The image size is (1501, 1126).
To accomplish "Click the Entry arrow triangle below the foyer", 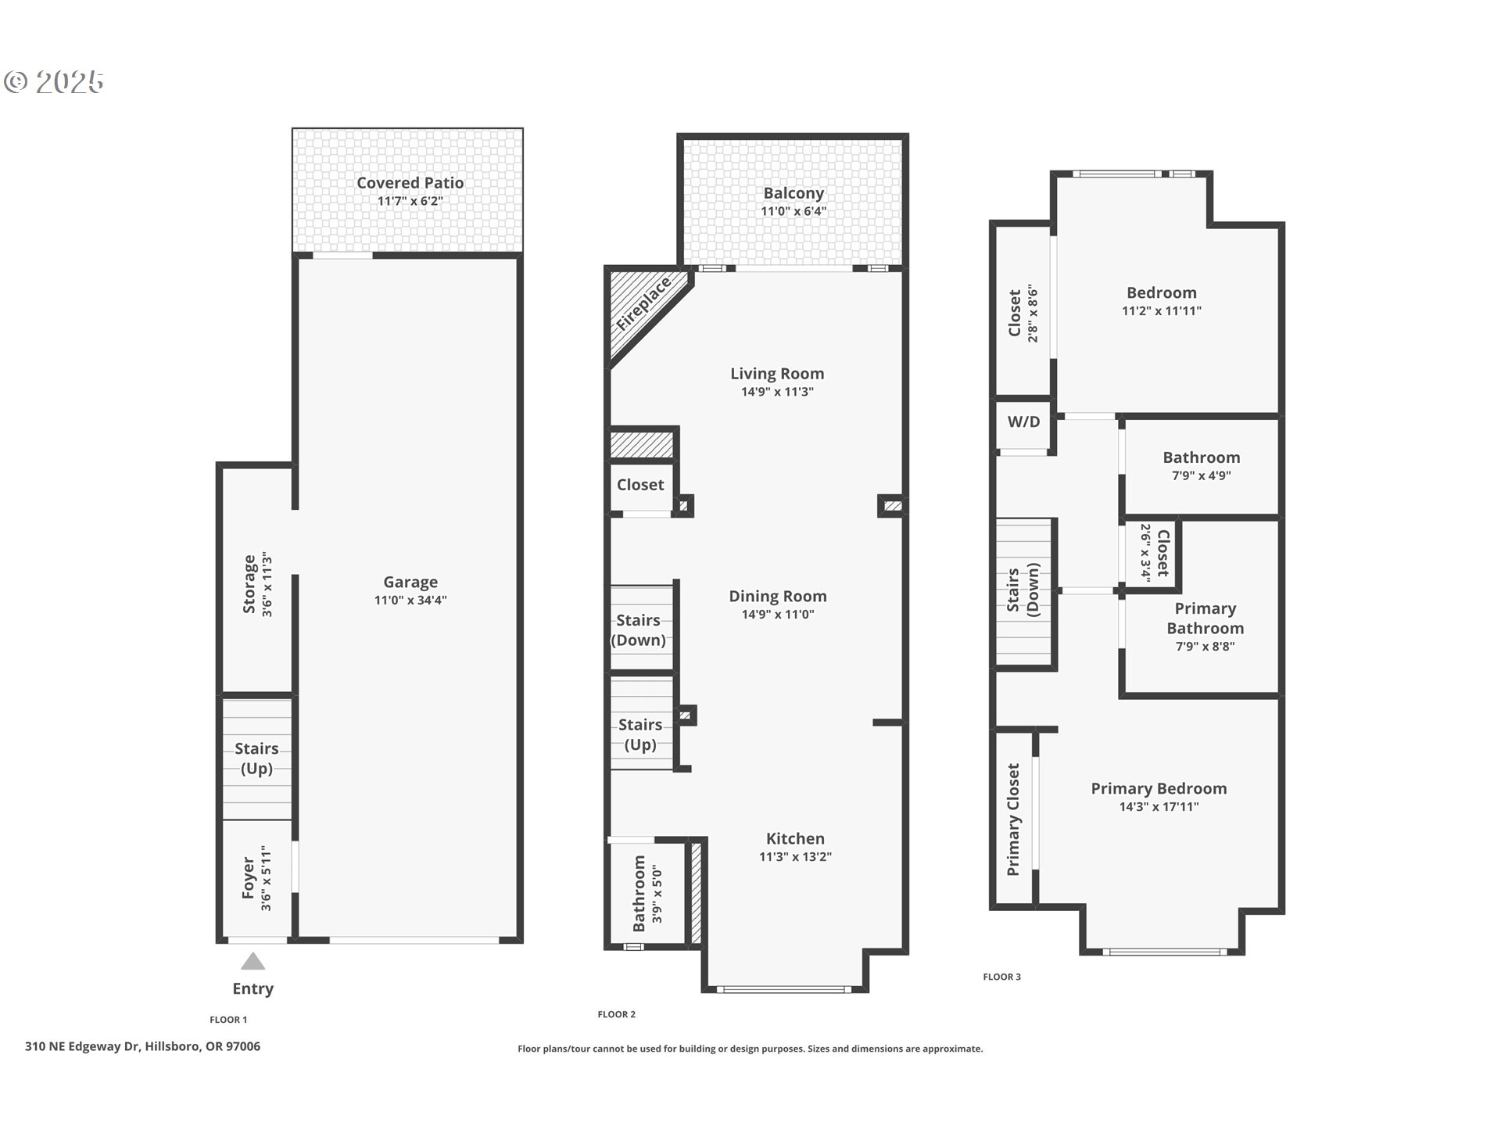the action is tap(253, 961).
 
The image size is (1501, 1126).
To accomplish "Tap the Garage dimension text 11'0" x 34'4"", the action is tap(410, 601).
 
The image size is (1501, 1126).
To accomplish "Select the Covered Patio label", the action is tap(410, 183).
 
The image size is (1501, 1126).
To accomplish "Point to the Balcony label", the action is tap(793, 193).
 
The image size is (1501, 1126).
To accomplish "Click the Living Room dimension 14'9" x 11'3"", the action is tap(777, 392).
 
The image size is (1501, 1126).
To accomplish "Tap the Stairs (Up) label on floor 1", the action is tap(256, 758).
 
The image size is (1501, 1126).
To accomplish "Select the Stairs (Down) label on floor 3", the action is tap(1023, 590).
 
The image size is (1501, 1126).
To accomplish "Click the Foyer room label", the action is tap(249, 877).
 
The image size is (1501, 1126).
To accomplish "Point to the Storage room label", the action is tap(249, 584).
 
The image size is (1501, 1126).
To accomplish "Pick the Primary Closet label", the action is tap(1013, 819).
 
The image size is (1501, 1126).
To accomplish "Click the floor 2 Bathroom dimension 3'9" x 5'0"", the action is tap(657, 894).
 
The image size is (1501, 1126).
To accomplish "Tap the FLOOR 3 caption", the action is tap(1001, 977).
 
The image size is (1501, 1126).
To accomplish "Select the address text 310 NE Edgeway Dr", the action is tap(83, 1046).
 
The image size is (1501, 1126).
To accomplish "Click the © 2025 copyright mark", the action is tap(53, 81).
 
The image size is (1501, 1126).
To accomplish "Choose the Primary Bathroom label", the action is tap(1205, 619).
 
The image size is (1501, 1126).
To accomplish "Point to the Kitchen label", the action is tap(795, 839).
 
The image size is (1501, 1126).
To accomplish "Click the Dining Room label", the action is tap(778, 597).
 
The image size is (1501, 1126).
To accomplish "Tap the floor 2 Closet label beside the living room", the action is tap(640, 485).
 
